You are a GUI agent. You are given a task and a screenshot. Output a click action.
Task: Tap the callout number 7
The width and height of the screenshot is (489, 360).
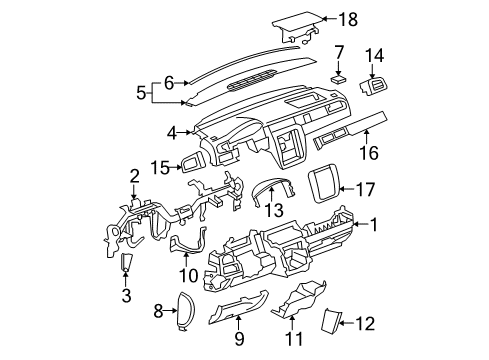pos(339,51)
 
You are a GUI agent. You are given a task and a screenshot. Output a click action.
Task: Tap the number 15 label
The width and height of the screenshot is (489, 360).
pos(159,166)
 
